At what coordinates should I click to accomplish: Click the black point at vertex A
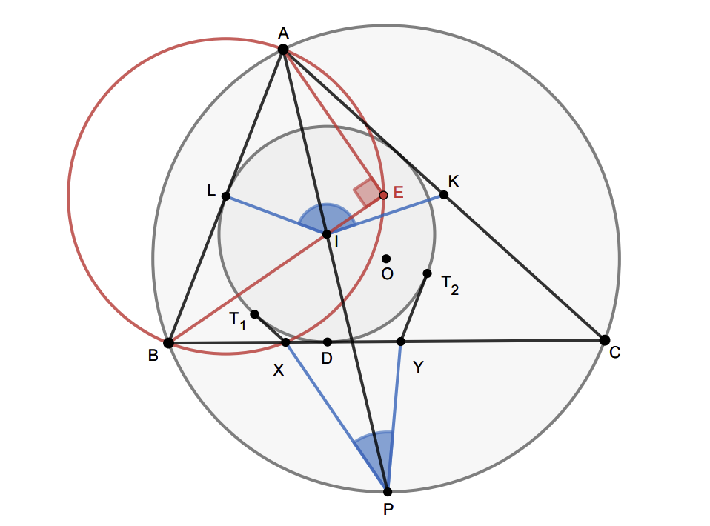coord(283,49)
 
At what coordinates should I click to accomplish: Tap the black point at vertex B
coord(169,342)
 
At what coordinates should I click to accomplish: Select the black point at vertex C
coord(605,340)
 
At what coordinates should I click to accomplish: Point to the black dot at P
coord(388,491)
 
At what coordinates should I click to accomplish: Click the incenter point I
coord(327,234)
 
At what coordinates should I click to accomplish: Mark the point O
coord(386,259)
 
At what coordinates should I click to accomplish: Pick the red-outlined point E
coord(383,195)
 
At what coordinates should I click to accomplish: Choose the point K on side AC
coord(444,195)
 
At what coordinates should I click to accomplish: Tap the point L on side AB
coord(226,196)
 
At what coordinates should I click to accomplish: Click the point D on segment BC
coord(328,342)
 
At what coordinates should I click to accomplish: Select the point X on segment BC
coord(286,342)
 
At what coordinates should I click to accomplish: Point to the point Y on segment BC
coord(401,342)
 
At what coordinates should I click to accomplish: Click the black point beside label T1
coord(254,314)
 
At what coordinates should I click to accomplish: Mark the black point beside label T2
coord(427,273)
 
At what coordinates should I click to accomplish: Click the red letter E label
coord(398,193)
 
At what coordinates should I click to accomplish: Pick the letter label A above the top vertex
coord(283,32)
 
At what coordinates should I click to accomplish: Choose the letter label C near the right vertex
coord(614,353)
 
